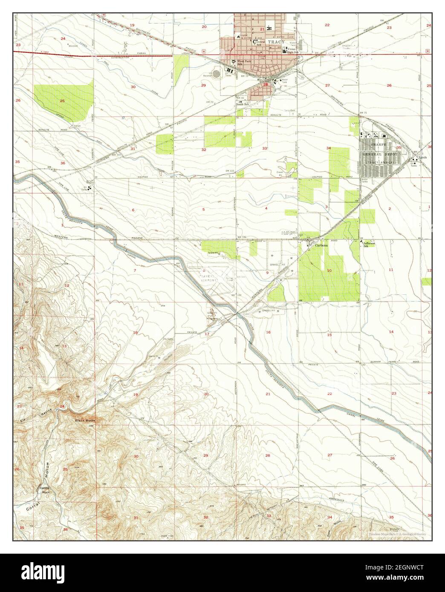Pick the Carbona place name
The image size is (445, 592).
tap(321, 246)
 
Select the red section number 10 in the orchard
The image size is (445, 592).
tap(329, 271)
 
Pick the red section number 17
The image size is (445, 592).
tap(207, 334)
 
